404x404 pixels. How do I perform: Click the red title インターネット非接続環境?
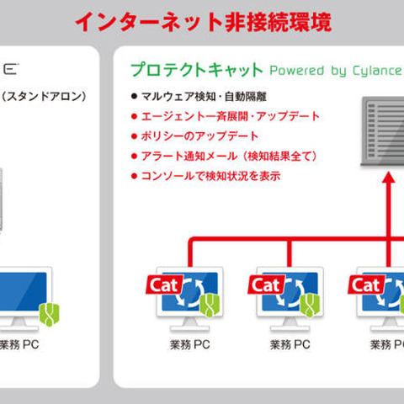tap(202, 20)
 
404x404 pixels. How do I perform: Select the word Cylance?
tap(371, 70)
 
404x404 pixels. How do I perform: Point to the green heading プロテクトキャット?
tap(194, 69)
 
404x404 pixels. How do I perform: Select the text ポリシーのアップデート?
tap(194, 136)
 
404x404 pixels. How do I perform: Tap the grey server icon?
tap(383, 130)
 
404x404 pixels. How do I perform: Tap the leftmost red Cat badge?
tap(162, 284)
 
